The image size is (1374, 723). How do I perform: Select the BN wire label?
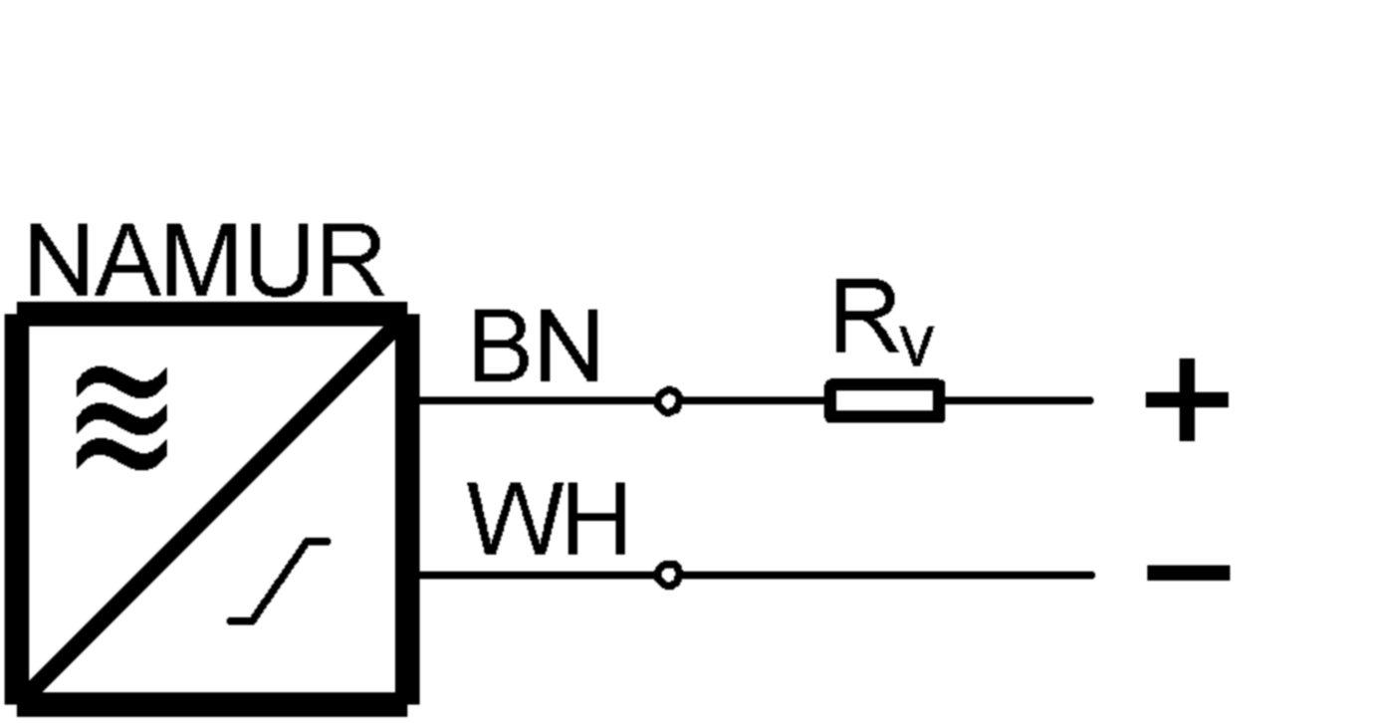[x=535, y=349]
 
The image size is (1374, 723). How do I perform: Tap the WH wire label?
[x=548, y=522]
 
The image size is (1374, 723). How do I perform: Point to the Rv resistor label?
[x=882, y=325]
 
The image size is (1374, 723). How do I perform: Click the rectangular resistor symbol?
[x=884, y=401]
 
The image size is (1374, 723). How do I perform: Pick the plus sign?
[x=1187, y=400]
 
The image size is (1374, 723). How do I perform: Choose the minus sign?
[x=1188, y=573]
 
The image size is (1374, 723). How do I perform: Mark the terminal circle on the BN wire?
[x=669, y=401]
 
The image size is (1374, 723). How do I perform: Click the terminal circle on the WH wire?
[x=669, y=575]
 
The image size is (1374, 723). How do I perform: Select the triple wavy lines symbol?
[x=121, y=418]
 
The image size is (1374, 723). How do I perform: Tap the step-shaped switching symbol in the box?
[x=279, y=582]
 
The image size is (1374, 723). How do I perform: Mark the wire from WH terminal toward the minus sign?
[x=886, y=575]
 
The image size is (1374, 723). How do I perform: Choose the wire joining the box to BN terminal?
[x=538, y=401]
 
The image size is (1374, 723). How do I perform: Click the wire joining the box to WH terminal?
[x=538, y=575]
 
